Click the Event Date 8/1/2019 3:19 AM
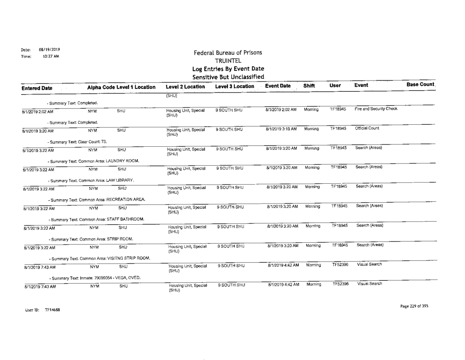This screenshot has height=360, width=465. (x=280, y=128)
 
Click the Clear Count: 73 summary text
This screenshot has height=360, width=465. (x=62, y=141)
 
